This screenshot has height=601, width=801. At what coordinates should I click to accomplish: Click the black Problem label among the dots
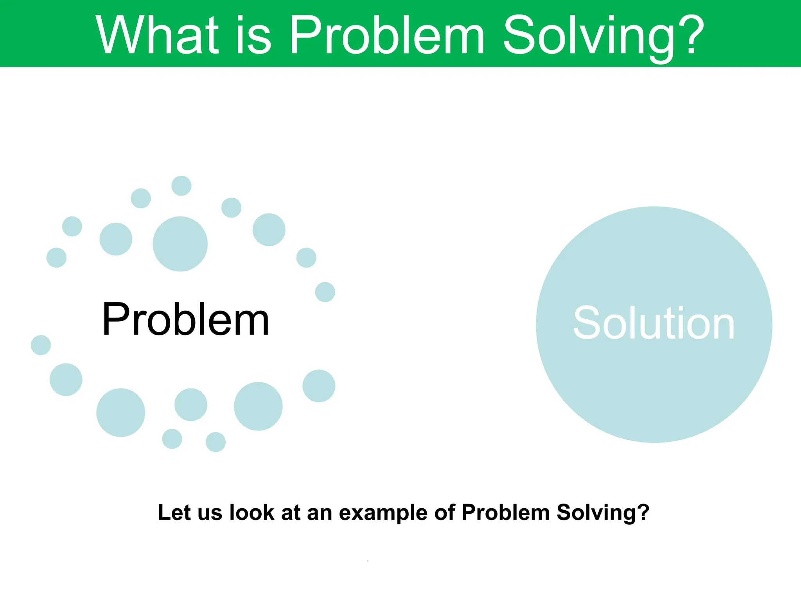[x=186, y=319]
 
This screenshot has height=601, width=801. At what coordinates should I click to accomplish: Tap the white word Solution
[x=654, y=323]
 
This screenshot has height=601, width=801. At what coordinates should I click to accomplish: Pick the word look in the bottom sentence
[x=251, y=512]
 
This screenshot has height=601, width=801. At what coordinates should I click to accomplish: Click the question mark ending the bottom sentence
[x=643, y=512]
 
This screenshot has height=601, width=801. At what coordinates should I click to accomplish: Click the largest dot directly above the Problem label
[x=180, y=244]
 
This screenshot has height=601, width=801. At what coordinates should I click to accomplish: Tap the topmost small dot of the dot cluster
[x=181, y=185]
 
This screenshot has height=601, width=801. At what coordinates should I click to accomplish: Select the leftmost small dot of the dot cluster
[x=41, y=345]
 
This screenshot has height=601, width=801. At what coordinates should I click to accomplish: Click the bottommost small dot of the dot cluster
[x=216, y=442]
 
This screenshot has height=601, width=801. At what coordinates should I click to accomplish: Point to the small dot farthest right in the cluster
[x=325, y=292]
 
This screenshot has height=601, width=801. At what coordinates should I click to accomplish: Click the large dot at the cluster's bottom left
[x=120, y=412]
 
